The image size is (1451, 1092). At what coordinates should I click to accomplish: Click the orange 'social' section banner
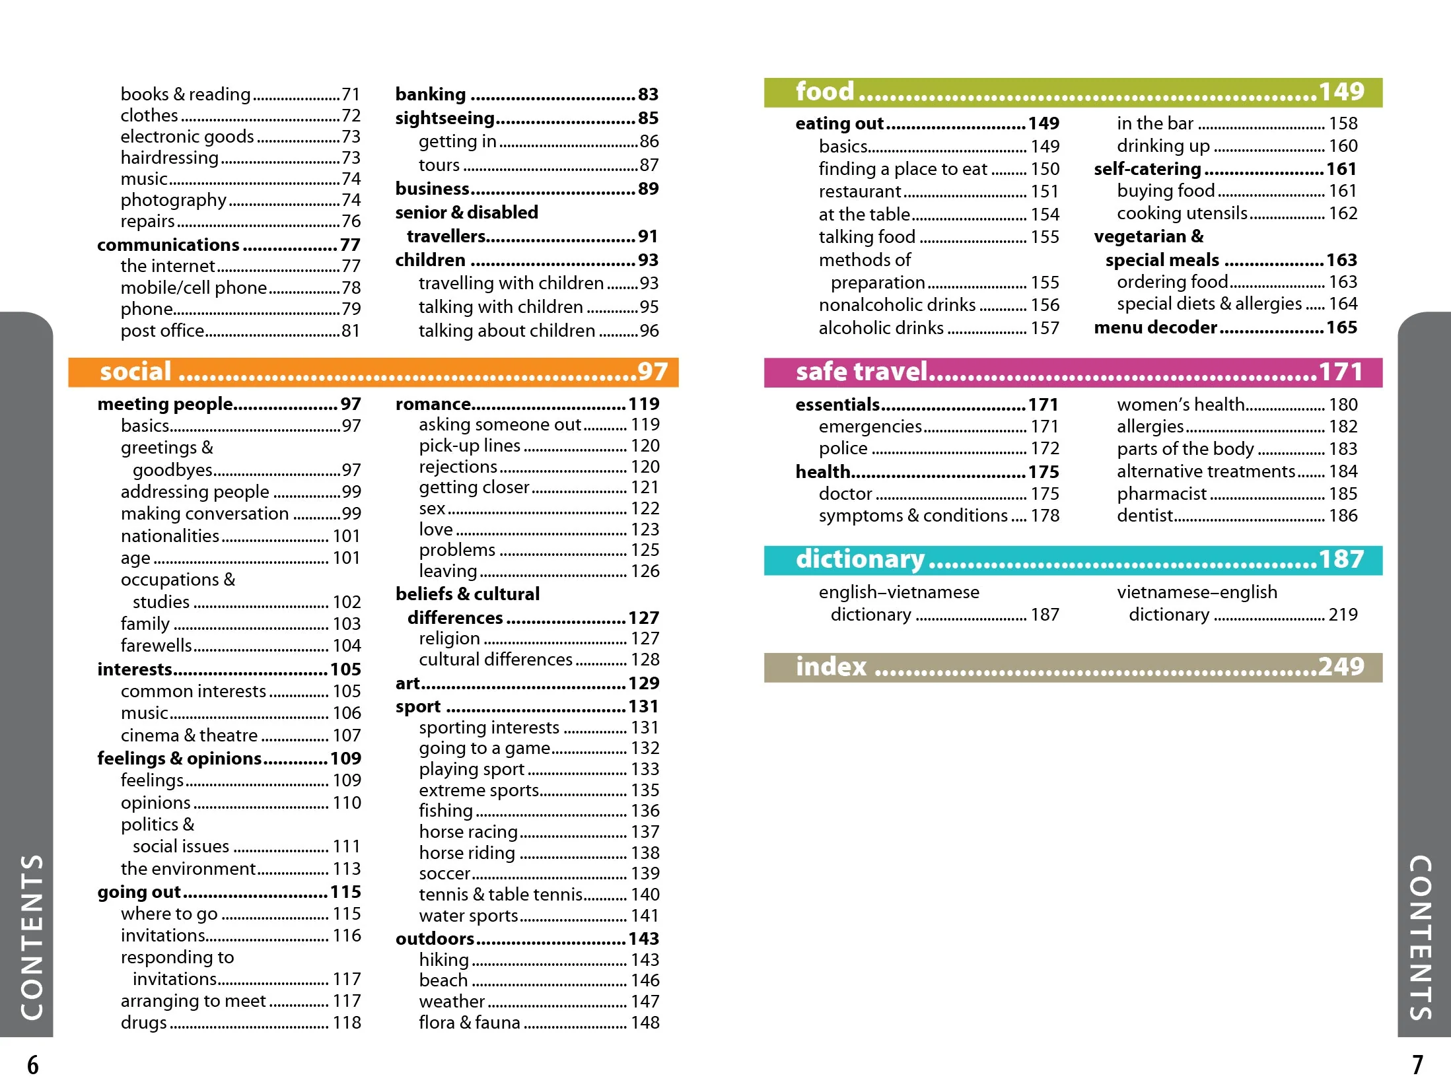point(373,372)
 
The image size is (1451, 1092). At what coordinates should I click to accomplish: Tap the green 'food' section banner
point(1073,92)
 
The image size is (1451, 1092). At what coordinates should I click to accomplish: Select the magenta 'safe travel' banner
point(1073,372)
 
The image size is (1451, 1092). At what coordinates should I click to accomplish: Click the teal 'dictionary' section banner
point(1073,560)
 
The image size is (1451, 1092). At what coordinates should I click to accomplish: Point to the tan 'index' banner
point(1073,667)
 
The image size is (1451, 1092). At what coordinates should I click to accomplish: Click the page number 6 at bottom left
point(32,1065)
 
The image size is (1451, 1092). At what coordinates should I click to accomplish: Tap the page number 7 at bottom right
point(1417,1065)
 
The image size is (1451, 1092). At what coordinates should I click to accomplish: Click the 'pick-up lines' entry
point(470,446)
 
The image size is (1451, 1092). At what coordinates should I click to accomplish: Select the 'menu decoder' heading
point(1155,327)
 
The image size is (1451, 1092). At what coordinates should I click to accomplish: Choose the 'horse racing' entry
point(468,832)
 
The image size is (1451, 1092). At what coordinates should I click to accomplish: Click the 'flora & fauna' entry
point(470,1023)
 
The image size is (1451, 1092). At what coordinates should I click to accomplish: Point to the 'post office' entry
point(162,331)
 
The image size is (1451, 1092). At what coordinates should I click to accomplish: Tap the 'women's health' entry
point(1180,404)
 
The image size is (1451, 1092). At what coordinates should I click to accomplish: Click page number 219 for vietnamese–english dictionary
point(1343,615)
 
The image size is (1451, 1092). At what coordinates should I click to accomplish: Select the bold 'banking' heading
point(431,94)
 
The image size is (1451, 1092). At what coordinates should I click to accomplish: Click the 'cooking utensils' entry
point(1182,213)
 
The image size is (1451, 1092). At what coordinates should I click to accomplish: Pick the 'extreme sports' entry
point(479,790)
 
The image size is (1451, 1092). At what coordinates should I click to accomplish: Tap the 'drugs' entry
point(143,1023)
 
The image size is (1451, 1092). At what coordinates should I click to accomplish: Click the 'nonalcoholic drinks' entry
point(897,305)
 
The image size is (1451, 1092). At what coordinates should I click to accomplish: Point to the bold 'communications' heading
point(168,245)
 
